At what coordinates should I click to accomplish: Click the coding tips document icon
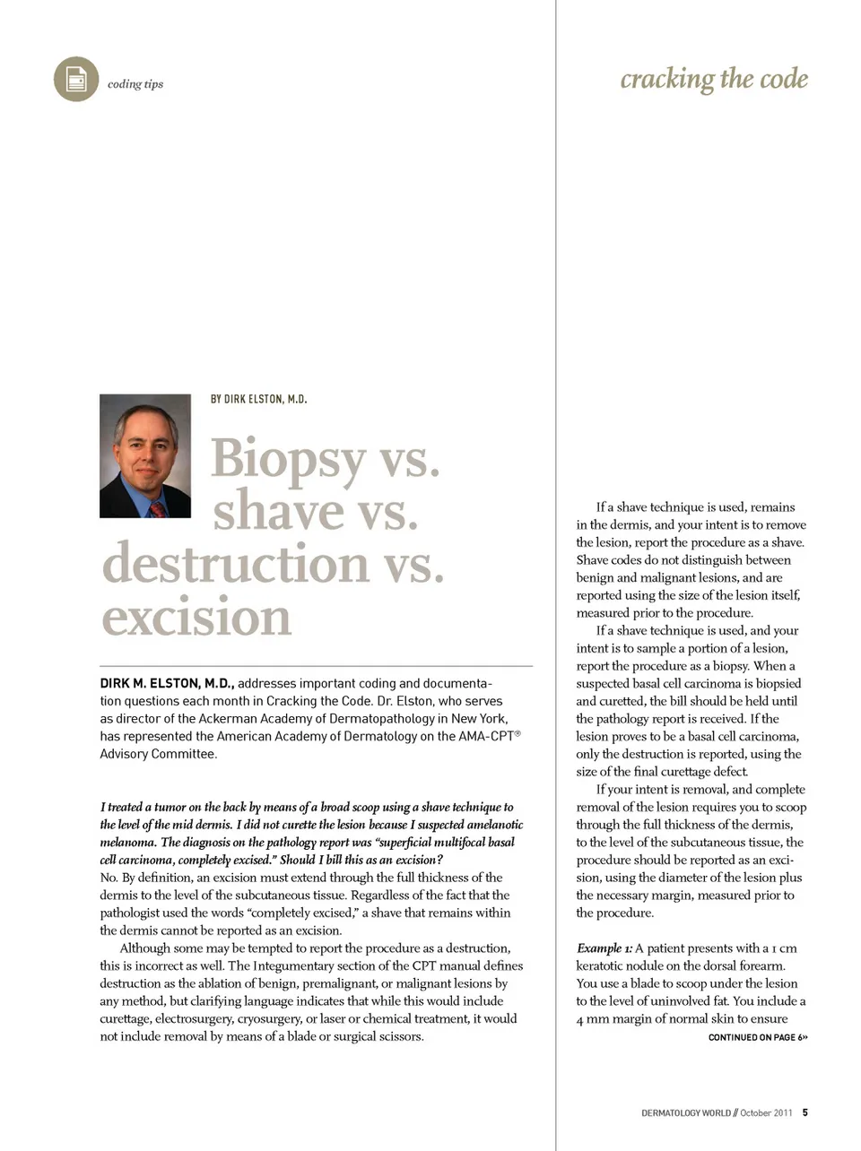[76, 80]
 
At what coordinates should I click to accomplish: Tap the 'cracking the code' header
[714, 79]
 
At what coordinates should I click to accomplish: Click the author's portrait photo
[145, 455]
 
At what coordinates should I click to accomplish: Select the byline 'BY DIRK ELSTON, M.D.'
[258, 399]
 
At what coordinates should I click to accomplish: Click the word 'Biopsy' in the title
[288, 459]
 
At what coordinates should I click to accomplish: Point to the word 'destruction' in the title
[235, 565]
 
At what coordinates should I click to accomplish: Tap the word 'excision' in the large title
[196, 617]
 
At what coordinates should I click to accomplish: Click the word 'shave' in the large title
[278, 512]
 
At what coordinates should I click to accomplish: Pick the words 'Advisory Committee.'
[158, 754]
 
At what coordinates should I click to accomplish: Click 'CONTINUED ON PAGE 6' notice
[757, 1037]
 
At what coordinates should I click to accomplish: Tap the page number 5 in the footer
[804, 1112]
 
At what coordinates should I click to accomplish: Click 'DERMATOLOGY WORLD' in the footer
[685, 1113]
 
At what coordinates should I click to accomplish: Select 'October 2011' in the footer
[766, 1113]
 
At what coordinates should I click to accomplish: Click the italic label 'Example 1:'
[604, 948]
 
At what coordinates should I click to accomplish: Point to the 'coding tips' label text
[135, 84]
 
